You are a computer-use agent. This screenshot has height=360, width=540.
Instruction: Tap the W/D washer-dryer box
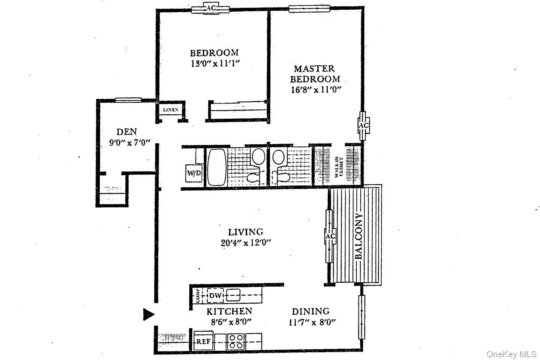(194, 173)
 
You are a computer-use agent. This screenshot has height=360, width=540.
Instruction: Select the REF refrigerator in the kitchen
(203, 342)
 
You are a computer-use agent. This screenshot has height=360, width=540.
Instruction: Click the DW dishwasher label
(215, 296)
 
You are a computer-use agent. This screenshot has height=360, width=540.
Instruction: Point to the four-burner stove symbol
(235, 342)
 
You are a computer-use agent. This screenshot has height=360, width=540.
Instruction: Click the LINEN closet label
(170, 110)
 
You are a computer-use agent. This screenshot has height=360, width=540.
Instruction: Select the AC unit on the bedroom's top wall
(211, 9)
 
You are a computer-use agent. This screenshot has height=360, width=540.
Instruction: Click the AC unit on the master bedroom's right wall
(363, 126)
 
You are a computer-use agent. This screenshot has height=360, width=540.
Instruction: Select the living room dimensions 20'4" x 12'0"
(245, 243)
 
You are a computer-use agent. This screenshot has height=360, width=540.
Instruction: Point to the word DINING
(310, 311)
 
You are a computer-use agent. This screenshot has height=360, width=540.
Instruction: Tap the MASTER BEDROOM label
(315, 74)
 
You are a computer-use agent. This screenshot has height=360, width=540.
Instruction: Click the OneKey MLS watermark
(511, 354)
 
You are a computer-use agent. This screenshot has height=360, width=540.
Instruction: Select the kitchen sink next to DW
(233, 296)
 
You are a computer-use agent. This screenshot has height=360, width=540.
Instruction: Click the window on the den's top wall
(128, 100)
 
